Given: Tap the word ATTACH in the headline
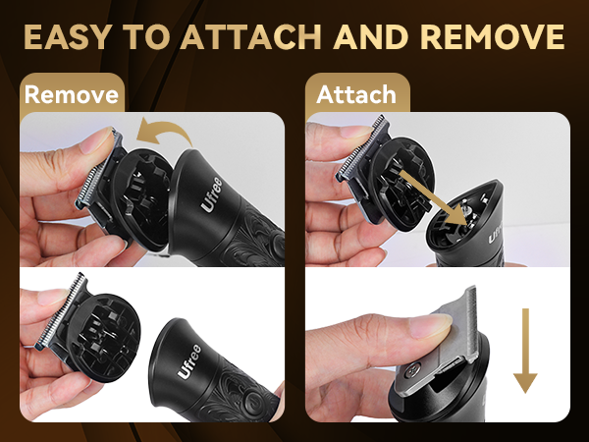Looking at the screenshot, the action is [x=251, y=37].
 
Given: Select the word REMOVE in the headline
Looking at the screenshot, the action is [x=493, y=37].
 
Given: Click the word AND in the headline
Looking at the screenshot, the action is [x=371, y=37].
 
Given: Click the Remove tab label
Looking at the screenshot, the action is [x=72, y=94].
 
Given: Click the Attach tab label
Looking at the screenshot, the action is [x=356, y=94].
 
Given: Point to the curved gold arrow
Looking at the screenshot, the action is [x=164, y=133].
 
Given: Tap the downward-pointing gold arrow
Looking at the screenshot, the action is [x=525, y=351].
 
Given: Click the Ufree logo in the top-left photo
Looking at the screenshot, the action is [x=212, y=195].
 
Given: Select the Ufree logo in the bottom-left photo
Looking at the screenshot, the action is [x=188, y=361].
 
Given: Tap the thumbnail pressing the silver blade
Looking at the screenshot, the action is [x=431, y=325].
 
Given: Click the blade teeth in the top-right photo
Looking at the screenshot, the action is [x=361, y=148].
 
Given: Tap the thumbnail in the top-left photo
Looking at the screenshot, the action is [x=96, y=139].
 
